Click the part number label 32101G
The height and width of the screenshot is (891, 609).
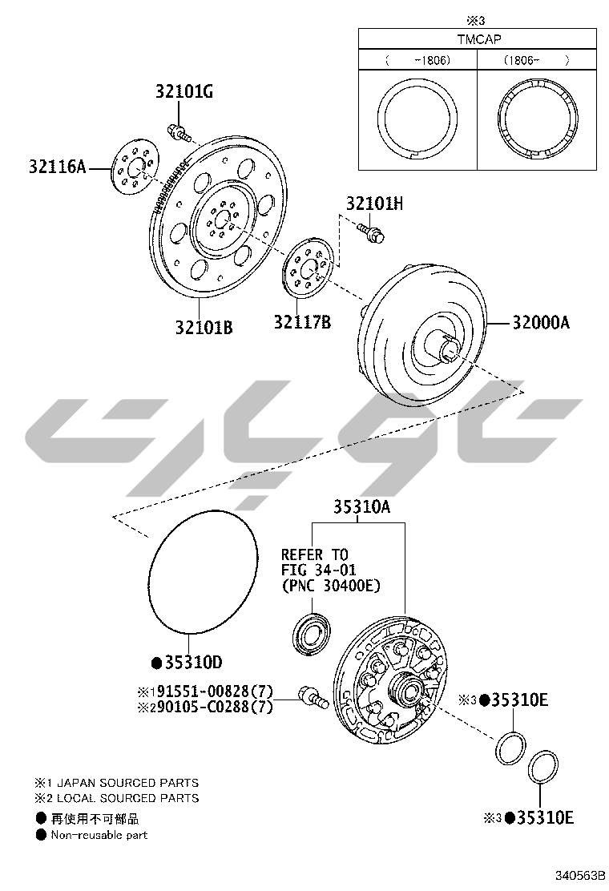(x=184, y=92)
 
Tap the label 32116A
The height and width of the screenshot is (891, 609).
(x=58, y=167)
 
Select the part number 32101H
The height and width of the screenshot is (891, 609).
(x=374, y=204)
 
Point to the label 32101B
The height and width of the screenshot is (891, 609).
(x=204, y=328)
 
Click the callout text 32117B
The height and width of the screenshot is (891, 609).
(x=302, y=322)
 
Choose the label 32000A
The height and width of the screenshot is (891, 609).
(x=541, y=323)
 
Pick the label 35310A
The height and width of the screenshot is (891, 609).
(x=362, y=506)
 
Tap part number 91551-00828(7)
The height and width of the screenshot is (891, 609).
(x=216, y=691)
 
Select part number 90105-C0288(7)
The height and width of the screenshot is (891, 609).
(x=216, y=707)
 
